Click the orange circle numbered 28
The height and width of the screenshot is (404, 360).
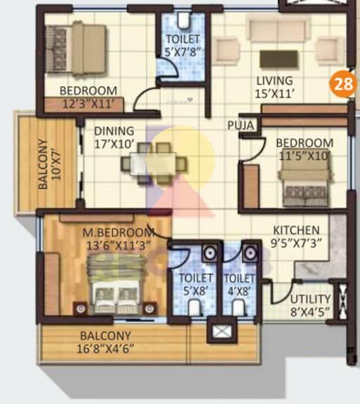[x=343, y=86]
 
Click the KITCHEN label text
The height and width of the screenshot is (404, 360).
[x=296, y=230]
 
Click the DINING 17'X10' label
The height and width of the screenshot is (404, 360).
[x=114, y=137]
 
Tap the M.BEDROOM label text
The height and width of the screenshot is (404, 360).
[x=118, y=233]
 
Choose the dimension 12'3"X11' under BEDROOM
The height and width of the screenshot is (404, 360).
[x=87, y=103]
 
